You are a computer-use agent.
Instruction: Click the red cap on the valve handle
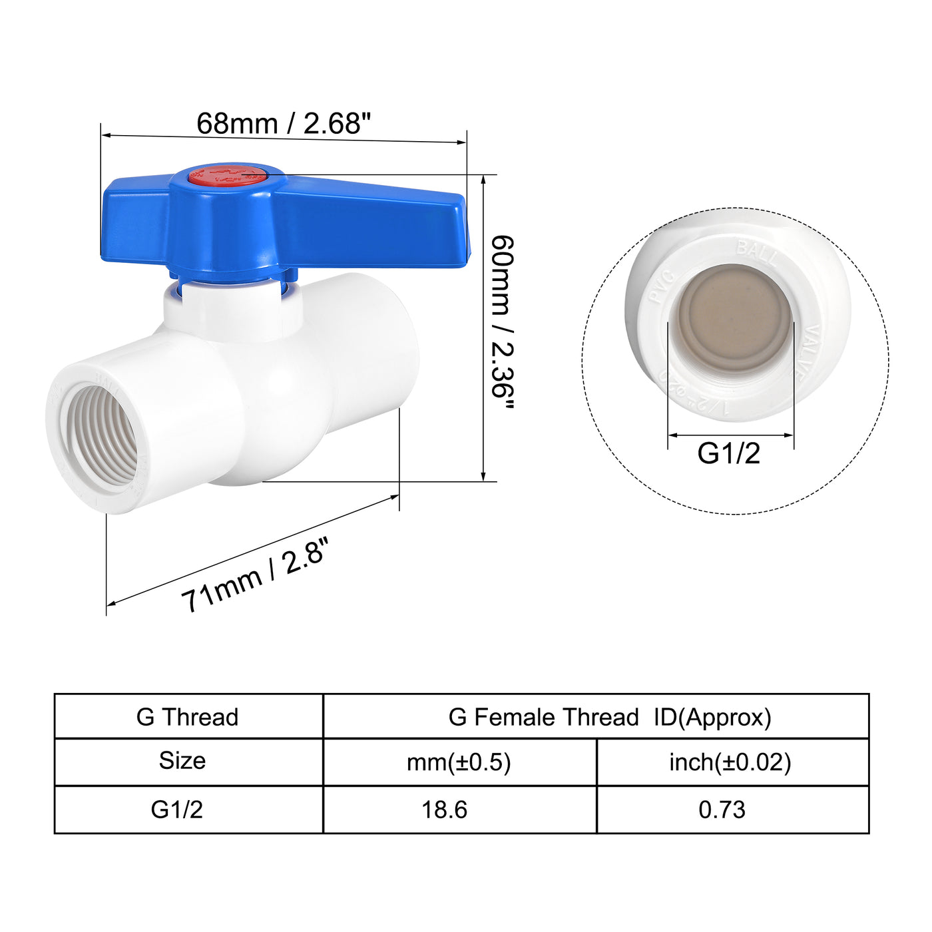coord(226,176)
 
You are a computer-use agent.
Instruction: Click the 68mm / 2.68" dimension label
coord(283,124)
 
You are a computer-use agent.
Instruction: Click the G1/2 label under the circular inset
coord(728,453)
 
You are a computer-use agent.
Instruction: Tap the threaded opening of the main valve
coord(98,436)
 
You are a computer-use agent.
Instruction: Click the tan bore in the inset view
coord(734,318)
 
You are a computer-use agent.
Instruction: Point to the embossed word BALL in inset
coord(756,252)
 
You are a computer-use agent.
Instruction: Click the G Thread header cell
coord(188,717)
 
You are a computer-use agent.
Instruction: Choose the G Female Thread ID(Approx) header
coord(609,717)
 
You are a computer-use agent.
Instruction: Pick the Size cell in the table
coord(182,761)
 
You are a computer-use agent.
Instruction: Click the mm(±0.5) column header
coord(459,762)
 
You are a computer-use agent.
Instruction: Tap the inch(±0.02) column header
coord(730,762)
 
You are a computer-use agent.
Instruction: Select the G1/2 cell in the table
coord(176,810)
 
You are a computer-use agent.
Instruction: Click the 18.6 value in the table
coord(444,810)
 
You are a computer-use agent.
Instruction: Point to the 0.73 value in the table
coord(722,810)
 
